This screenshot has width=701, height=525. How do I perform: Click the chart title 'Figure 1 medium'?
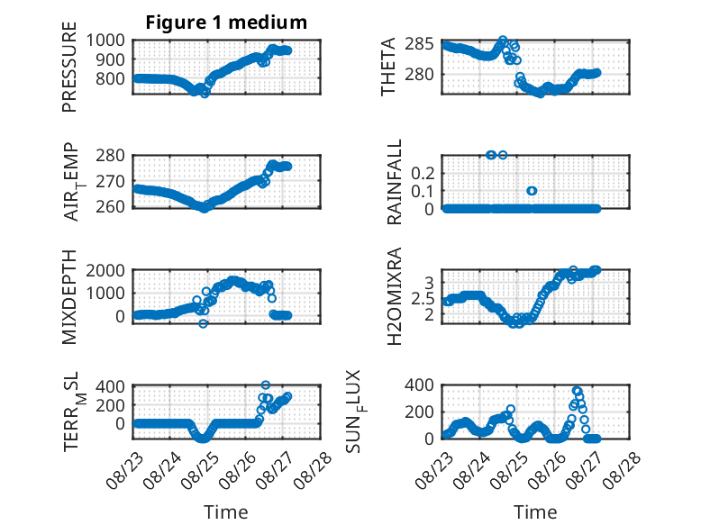click(x=226, y=23)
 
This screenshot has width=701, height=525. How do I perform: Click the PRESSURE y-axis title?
click(x=69, y=67)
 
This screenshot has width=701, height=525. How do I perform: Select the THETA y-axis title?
click(x=388, y=67)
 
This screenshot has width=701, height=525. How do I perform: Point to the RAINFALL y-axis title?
click(x=395, y=182)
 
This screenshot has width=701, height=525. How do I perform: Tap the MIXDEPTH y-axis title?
click(x=69, y=297)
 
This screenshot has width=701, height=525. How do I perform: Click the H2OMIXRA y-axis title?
click(x=395, y=296)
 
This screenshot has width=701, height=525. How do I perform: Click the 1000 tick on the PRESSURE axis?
click(x=105, y=41)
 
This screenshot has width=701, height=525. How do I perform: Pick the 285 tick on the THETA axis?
click(x=419, y=44)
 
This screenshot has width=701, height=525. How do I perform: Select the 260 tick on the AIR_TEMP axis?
click(x=111, y=207)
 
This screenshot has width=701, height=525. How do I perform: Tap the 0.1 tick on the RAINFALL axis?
click(x=423, y=191)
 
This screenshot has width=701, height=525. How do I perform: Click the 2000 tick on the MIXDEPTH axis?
click(x=105, y=270)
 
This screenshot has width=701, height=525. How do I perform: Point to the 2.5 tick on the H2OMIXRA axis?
click(x=423, y=298)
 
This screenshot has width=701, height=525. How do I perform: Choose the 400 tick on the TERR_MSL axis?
click(x=111, y=385)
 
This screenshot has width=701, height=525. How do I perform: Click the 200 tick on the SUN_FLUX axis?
click(x=419, y=412)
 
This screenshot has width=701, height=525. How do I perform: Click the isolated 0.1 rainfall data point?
click(x=532, y=191)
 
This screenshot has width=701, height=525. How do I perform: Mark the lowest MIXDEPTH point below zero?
click(x=203, y=323)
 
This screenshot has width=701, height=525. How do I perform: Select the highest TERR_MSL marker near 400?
click(x=266, y=385)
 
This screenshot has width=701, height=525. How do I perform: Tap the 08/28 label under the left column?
click(x=313, y=470)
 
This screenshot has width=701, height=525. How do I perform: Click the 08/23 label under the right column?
click(x=434, y=470)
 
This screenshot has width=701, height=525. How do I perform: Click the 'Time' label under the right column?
click(x=535, y=512)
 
